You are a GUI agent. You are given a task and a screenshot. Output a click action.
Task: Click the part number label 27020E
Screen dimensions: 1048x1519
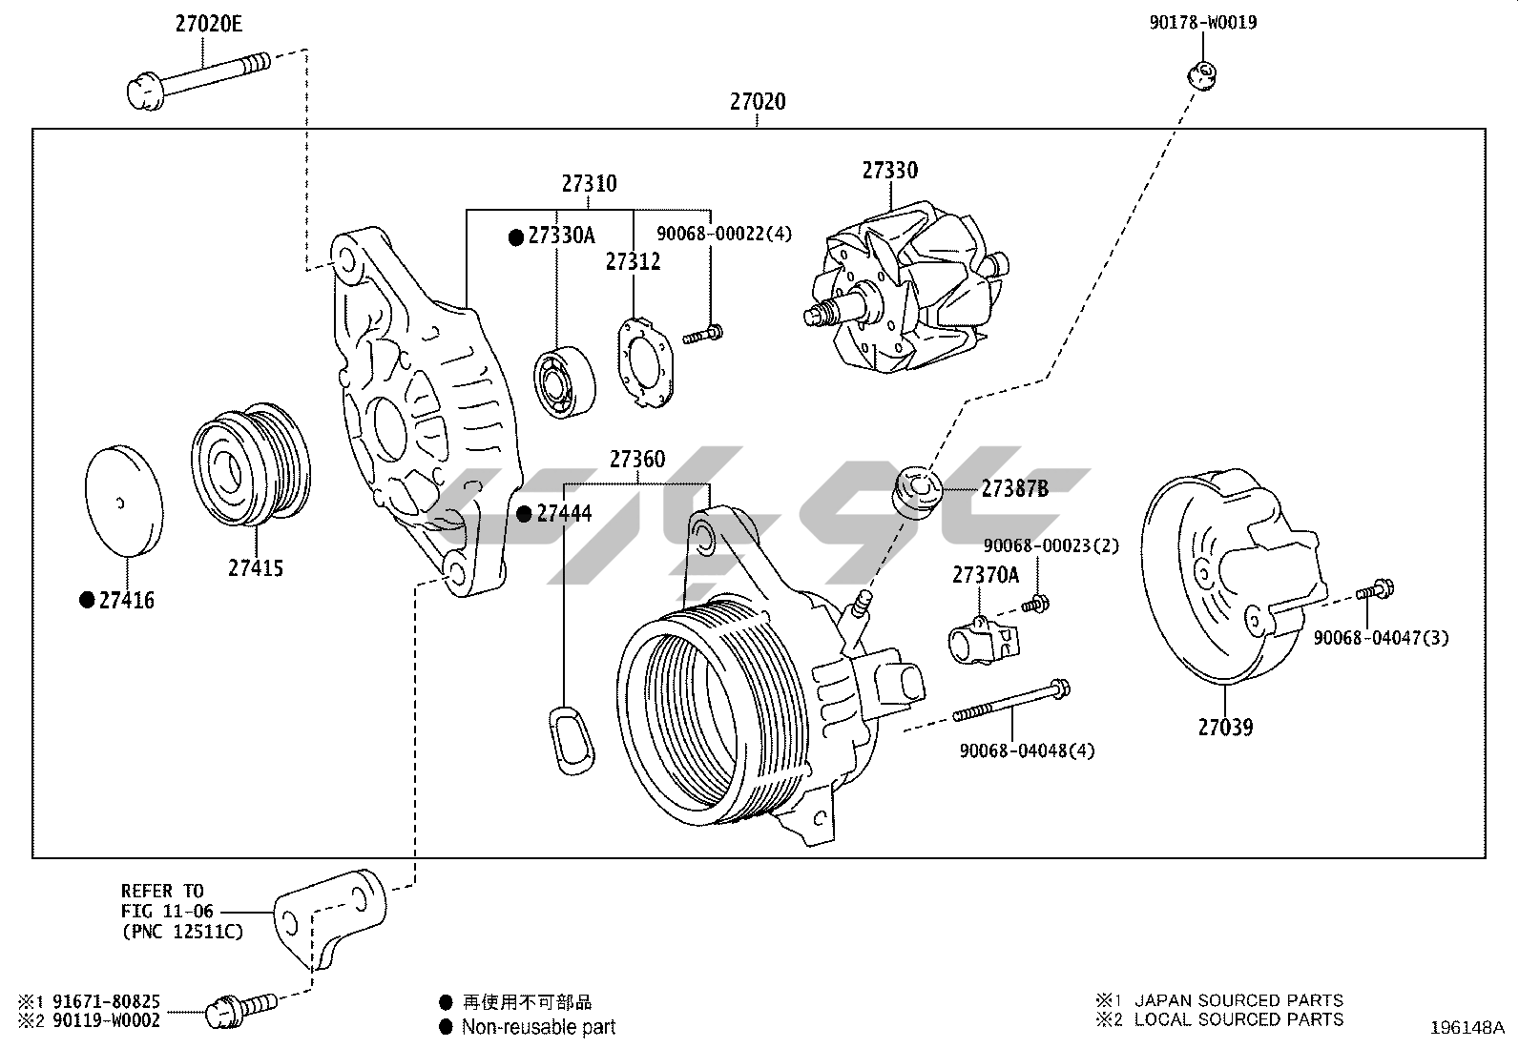[208, 24]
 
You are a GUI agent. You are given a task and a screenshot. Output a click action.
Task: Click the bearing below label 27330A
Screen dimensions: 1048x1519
[564, 380]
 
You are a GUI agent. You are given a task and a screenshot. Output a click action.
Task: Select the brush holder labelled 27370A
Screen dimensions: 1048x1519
[982, 639]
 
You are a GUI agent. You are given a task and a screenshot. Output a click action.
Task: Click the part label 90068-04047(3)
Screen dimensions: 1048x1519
[1380, 637]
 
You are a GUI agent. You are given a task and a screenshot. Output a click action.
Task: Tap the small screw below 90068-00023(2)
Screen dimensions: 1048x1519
[1034, 604]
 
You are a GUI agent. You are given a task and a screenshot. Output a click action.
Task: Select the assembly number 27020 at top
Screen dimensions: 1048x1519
[758, 101]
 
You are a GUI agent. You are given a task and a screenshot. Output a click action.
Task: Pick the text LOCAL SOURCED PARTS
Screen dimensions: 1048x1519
[1238, 1019]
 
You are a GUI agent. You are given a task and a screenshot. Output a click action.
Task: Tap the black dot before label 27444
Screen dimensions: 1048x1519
[524, 514]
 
